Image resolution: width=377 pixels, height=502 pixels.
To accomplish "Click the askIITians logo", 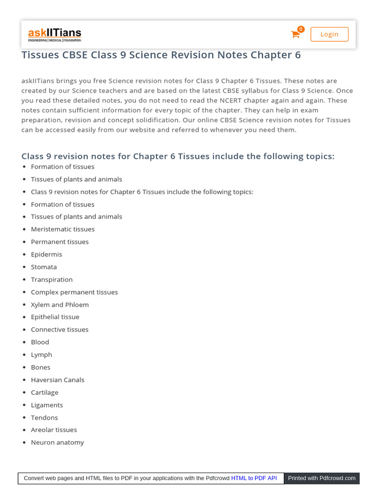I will point(54,34).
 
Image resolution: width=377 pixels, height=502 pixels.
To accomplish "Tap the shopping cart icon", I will point(295,34).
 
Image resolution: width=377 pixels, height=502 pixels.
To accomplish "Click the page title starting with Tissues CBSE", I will point(161,55).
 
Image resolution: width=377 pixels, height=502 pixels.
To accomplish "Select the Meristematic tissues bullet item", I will point(62,229).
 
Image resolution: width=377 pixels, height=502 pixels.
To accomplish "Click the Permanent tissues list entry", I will point(59,242).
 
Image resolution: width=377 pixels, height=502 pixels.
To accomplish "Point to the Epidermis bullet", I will point(46,254).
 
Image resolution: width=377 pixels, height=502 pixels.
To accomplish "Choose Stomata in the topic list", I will point(44,267).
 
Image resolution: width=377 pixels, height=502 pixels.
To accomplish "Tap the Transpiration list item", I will point(52,279).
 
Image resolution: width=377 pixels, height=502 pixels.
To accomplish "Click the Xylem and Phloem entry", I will point(59,304).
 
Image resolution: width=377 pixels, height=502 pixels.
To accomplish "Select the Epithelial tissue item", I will point(55,317).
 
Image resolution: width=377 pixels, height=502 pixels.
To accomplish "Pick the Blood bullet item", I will point(40,342).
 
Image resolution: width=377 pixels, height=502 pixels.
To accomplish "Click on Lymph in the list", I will point(41,354).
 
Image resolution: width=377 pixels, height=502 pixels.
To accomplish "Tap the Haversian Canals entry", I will point(57,380).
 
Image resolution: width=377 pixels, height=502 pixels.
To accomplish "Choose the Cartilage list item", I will point(44,392).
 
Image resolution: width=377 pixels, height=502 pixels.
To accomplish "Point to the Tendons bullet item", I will point(44,418).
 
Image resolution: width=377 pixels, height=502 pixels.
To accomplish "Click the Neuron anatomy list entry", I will point(57,443).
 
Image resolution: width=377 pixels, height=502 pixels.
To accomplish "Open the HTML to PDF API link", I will point(254,478).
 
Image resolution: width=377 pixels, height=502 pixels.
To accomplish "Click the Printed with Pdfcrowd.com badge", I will point(322,478).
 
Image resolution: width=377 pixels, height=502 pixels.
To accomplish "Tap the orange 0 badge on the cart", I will point(301,29).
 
